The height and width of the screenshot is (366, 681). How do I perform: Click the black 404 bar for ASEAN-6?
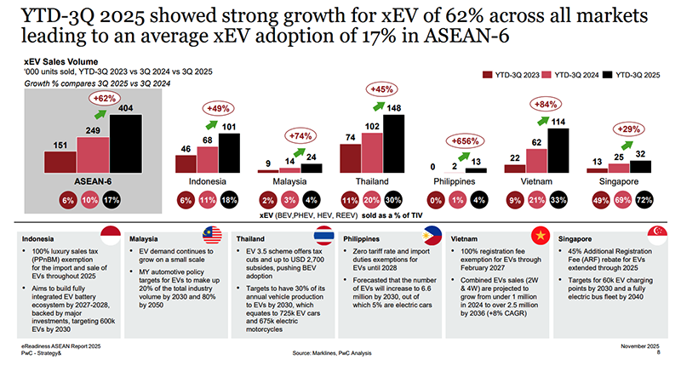coord(126,143)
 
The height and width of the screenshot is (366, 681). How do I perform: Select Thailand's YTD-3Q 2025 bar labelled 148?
coord(392,144)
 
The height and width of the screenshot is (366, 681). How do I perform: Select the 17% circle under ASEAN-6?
coord(112,200)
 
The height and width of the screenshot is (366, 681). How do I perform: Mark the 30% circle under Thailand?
coord(394,200)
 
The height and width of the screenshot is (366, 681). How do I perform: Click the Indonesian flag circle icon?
coord(112,235)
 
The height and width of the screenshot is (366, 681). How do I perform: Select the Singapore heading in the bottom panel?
coord(576,240)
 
